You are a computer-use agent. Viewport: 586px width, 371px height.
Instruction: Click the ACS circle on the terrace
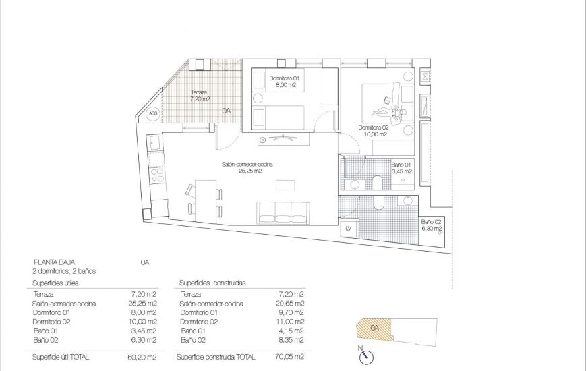coord(153,113)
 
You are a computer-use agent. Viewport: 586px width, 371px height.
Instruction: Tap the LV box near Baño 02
coord(349,229)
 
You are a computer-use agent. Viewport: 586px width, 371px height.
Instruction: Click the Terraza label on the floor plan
coord(199,92)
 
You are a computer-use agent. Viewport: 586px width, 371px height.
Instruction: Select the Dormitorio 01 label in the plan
coord(285,78)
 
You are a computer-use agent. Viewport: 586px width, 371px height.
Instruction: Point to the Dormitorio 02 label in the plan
coord(374,127)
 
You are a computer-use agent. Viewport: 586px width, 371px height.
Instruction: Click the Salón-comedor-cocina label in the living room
coord(247,164)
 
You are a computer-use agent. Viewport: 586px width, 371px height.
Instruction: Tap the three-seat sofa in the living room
coord(283,213)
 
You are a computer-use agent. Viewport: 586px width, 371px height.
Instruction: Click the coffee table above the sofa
coord(285,185)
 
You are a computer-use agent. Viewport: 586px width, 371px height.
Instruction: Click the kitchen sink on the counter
coord(154,142)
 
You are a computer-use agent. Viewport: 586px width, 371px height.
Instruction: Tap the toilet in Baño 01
coord(377,183)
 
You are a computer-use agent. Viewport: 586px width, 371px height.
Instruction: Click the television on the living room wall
coord(284,138)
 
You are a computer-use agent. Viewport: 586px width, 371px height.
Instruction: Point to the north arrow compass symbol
coord(366,356)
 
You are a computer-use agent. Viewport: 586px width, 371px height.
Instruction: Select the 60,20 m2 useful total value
coord(142,357)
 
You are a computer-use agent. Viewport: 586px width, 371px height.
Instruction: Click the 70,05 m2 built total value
coord(290,357)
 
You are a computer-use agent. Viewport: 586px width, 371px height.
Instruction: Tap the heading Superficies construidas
coord(212,283)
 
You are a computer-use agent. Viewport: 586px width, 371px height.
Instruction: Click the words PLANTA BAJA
coord(54,262)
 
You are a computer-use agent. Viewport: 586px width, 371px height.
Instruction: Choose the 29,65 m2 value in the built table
coord(290,304)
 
